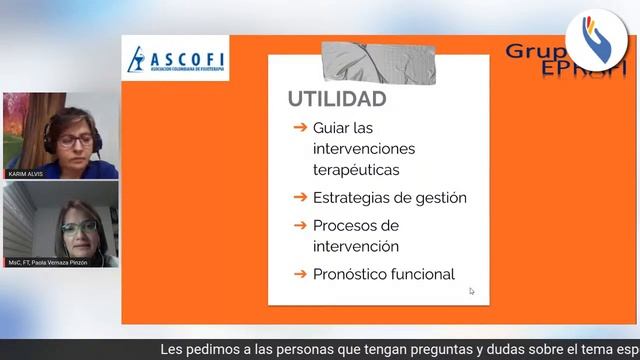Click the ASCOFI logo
tap(175, 59)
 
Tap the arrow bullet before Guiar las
tap(299, 128)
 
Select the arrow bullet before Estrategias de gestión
tap(299, 197)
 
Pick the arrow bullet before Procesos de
tap(299, 225)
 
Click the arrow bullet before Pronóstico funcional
tap(299, 273)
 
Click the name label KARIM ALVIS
tap(27, 174)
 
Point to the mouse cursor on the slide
tap(472, 291)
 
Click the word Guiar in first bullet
tap(332, 128)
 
